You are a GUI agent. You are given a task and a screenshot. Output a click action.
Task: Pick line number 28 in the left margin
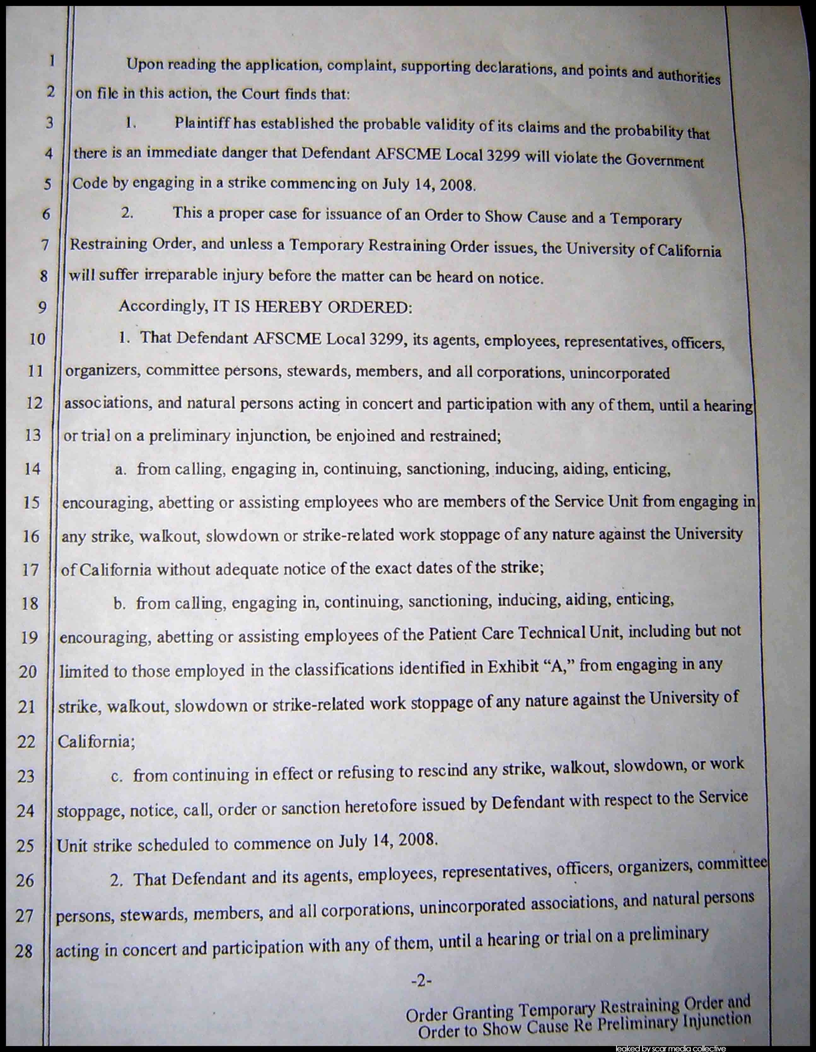coord(24,951)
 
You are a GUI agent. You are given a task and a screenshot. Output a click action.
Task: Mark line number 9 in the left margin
coord(43,307)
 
